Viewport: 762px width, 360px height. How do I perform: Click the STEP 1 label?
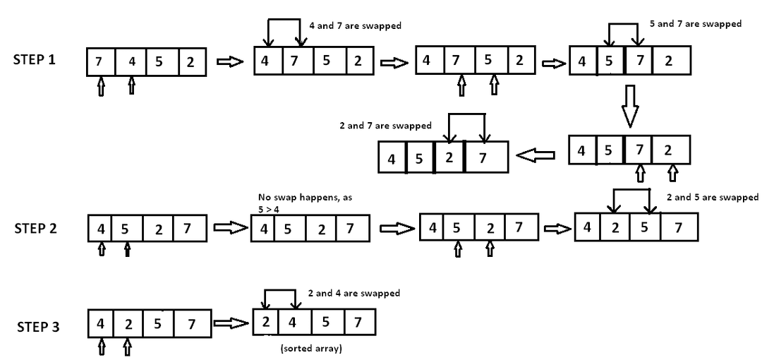coord(35,60)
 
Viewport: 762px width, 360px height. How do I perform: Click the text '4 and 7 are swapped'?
coord(356,26)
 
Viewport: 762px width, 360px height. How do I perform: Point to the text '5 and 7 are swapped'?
coord(695,24)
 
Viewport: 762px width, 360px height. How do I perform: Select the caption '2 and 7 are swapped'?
coord(385,126)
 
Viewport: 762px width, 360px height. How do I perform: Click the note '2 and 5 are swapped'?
coord(712,198)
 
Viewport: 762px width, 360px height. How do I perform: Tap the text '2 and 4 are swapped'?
coord(353,293)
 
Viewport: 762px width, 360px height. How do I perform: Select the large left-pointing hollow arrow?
coord(538,156)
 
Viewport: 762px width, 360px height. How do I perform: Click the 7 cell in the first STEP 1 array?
coord(99,62)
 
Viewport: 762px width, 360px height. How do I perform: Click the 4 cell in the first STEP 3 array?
coord(101,324)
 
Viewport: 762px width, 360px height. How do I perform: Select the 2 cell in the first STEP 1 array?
coord(190,62)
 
